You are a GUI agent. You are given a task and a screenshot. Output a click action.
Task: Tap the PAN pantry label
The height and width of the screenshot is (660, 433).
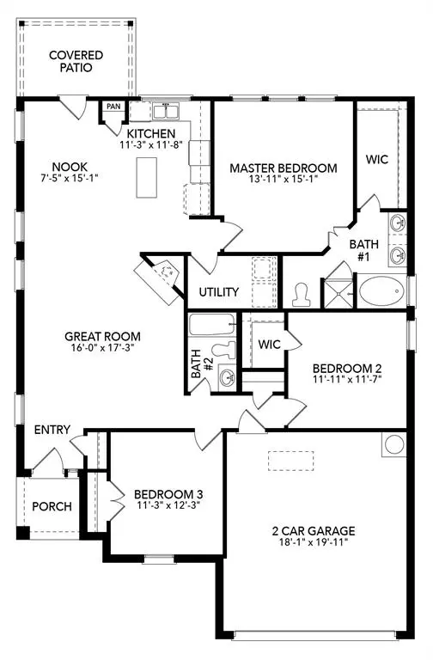click(x=113, y=107)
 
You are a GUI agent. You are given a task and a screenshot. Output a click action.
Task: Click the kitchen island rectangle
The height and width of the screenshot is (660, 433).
click(x=143, y=178)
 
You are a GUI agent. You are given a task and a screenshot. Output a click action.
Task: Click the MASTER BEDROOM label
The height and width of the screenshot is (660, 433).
click(x=283, y=168)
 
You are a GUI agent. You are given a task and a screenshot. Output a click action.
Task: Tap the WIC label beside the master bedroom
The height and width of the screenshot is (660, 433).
click(x=377, y=159)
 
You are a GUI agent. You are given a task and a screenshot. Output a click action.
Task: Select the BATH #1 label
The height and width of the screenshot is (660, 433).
click(x=363, y=250)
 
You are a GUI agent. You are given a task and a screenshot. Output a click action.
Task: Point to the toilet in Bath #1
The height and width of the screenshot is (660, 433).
click(x=302, y=293)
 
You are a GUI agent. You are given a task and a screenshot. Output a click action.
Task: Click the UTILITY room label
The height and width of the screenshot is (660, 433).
click(x=218, y=292)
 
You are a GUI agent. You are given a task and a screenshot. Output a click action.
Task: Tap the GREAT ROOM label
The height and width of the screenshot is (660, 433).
click(x=103, y=336)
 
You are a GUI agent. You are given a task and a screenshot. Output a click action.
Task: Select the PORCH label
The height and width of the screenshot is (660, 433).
click(x=52, y=506)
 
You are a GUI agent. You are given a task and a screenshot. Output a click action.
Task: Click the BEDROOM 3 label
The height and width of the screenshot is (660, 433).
click(x=168, y=494)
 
